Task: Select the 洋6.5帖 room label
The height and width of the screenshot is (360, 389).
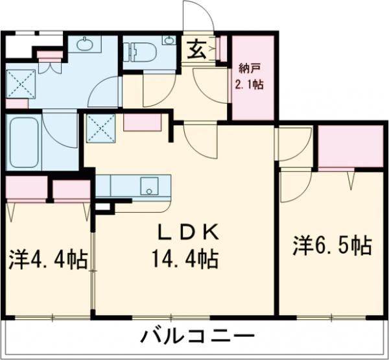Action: click(x=331, y=246)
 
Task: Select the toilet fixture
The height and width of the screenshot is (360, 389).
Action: click(x=138, y=51)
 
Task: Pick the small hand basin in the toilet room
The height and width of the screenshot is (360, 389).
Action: click(x=169, y=41)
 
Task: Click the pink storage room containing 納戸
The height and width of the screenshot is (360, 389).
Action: click(x=252, y=78)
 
